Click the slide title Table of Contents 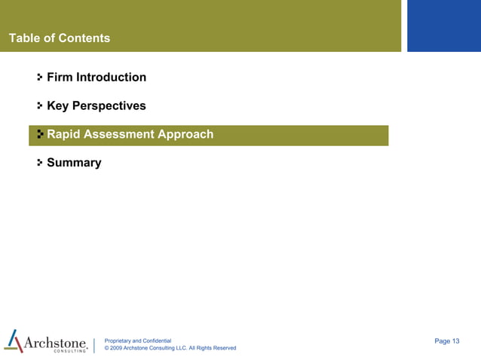(59, 38)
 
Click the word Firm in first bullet (60, 77)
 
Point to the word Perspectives (110, 106)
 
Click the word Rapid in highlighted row (63, 135)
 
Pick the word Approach (185, 135)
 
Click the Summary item (74, 163)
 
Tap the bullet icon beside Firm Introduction (39, 77)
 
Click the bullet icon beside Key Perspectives (39, 106)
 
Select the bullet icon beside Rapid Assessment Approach (39, 135)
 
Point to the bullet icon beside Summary (39, 163)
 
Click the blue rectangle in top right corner (443, 26)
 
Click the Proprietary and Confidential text (138, 341)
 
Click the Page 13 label (447, 341)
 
